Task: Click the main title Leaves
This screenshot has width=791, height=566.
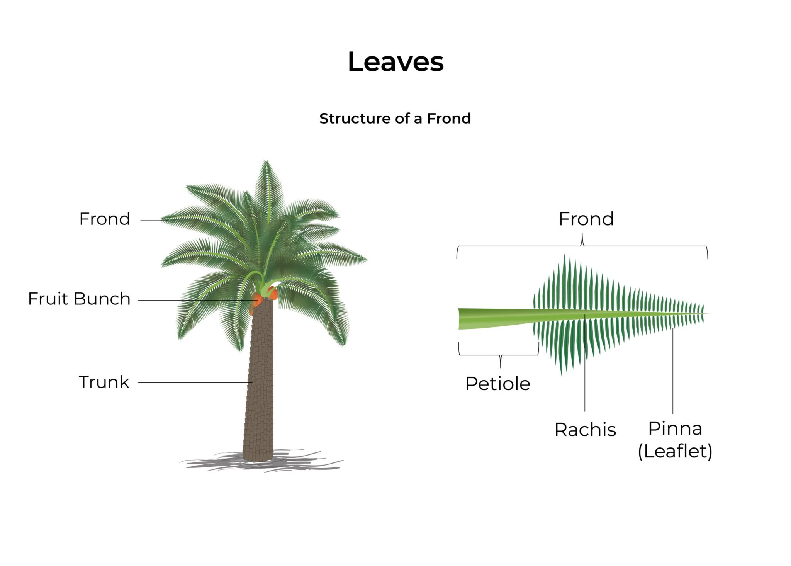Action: pos(395,62)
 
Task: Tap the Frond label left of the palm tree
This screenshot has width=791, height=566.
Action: pos(105,219)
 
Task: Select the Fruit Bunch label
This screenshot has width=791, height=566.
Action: pos(79,299)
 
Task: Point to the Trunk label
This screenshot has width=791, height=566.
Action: pos(104,382)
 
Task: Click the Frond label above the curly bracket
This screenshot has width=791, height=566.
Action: pos(586,219)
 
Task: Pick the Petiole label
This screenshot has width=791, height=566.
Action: pos(497,384)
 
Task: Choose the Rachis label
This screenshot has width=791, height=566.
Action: pos(585,430)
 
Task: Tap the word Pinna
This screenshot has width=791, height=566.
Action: pos(675,428)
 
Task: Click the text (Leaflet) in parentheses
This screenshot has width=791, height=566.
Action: pos(675,451)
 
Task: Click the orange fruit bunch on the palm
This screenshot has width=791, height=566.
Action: pos(258,299)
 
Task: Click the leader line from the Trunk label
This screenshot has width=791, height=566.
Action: pos(193,382)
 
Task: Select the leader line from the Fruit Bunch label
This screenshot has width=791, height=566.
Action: pos(193,300)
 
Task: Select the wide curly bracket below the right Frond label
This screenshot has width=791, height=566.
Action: pos(582,246)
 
